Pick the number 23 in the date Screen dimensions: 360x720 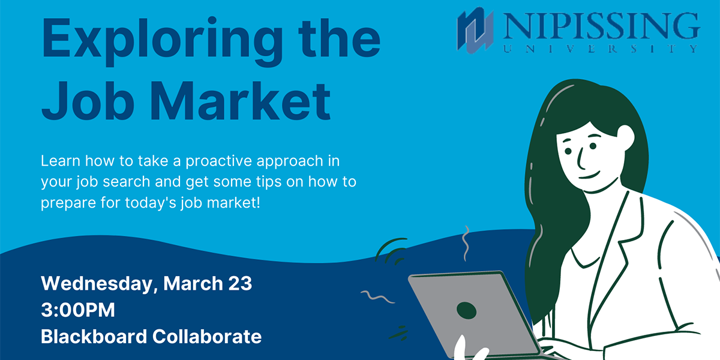pos(238,283)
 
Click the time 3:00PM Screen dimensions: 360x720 pos(77,310)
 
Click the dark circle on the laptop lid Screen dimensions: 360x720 pos(466,310)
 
